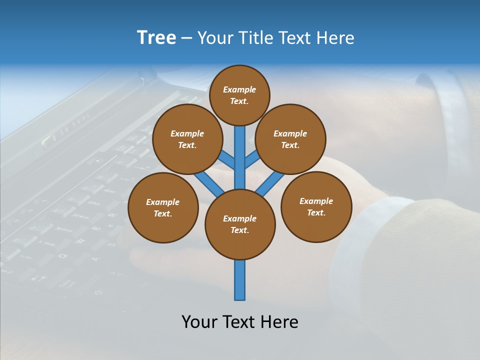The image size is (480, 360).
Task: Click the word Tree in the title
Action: (x=156, y=38)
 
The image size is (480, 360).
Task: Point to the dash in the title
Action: (x=187, y=38)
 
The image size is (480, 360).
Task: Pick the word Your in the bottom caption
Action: (x=200, y=322)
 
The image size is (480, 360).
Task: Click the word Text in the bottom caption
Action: (x=240, y=322)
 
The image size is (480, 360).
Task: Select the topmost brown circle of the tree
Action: (x=239, y=95)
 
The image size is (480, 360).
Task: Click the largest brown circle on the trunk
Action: (x=240, y=224)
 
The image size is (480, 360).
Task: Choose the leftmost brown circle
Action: (x=163, y=207)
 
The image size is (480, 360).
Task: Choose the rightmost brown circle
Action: (x=316, y=206)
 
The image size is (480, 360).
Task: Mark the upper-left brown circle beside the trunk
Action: (x=187, y=139)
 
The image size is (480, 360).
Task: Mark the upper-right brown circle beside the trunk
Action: (x=290, y=139)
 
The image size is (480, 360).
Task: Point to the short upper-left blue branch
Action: (x=227, y=161)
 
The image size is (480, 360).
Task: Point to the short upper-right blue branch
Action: (x=252, y=160)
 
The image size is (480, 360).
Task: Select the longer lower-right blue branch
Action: (x=270, y=184)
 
